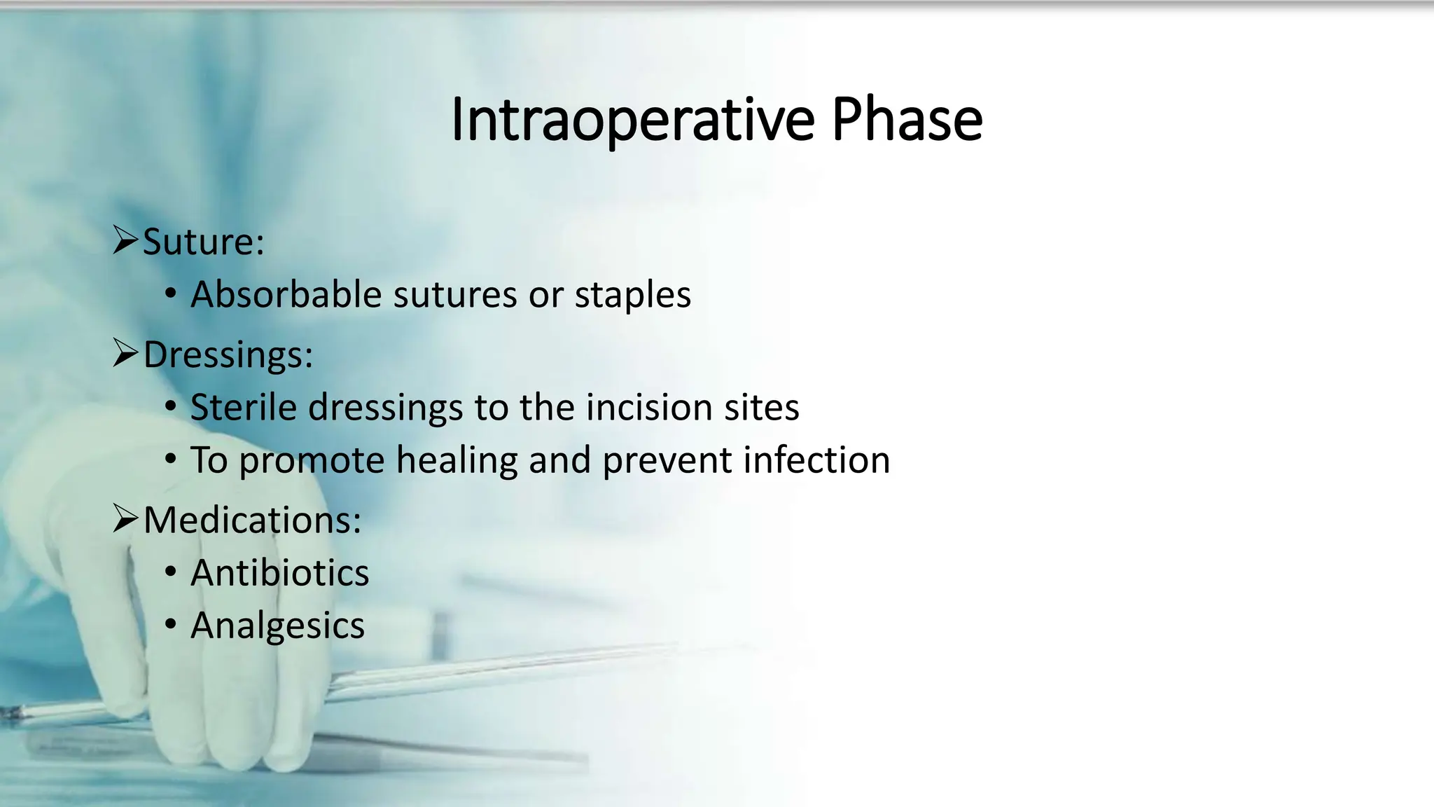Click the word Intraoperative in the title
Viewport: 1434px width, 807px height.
(x=632, y=120)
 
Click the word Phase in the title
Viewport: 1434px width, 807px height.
(x=907, y=120)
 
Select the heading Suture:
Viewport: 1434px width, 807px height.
(x=204, y=242)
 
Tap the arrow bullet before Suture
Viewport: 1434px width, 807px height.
(x=125, y=240)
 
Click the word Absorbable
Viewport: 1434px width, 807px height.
(x=286, y=294)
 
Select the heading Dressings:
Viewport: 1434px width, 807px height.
(x=228, y=354)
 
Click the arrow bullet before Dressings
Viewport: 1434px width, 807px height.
(x=125, y=353)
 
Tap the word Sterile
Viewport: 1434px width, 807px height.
(x=243, y=407)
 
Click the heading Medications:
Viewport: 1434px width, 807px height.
(x=252, y=520)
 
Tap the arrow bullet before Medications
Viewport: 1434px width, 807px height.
(x=125, y=518)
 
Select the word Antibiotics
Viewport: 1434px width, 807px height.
(x=279, y=573)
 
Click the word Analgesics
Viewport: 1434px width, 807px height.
(x=277, y=626)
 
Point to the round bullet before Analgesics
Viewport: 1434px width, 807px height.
(x=171, y=625)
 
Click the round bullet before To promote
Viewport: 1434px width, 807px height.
(x=171, y=460)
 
